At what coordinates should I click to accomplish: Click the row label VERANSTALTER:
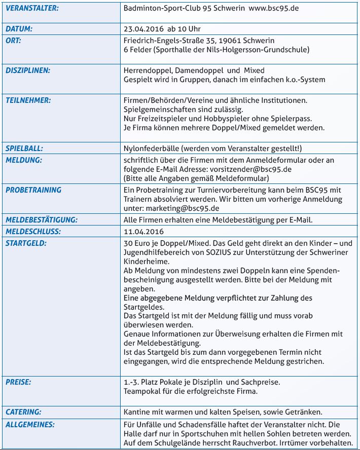[31, 9]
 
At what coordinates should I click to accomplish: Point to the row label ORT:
[13, 40]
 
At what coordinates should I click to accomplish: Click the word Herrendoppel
[146, 70]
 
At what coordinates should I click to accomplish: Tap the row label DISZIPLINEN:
[28, 70]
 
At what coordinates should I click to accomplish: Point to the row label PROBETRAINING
[33, 190]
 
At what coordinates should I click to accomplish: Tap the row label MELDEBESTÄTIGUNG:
[41, 220]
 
